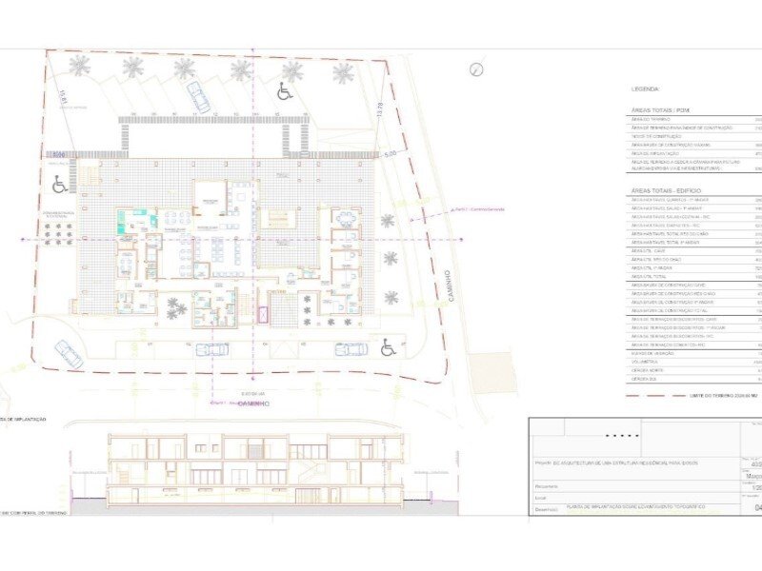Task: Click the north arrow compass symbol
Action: coord(476,68)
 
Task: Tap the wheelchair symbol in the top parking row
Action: coord(285,91)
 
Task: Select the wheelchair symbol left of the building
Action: coord(59,183)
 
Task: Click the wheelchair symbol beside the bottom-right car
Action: coord(389,348)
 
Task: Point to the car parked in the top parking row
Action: coord(198,95)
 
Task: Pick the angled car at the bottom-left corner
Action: coord(68,352)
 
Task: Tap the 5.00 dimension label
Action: coord(390,153)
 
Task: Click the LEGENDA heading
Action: coord(645,89)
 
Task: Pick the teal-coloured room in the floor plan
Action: coord(126,222)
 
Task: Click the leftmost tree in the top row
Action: coord(80,66)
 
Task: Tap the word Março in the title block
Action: coord(751,479)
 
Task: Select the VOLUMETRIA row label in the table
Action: coord(644,362)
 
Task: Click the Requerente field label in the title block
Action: coord(547,486)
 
